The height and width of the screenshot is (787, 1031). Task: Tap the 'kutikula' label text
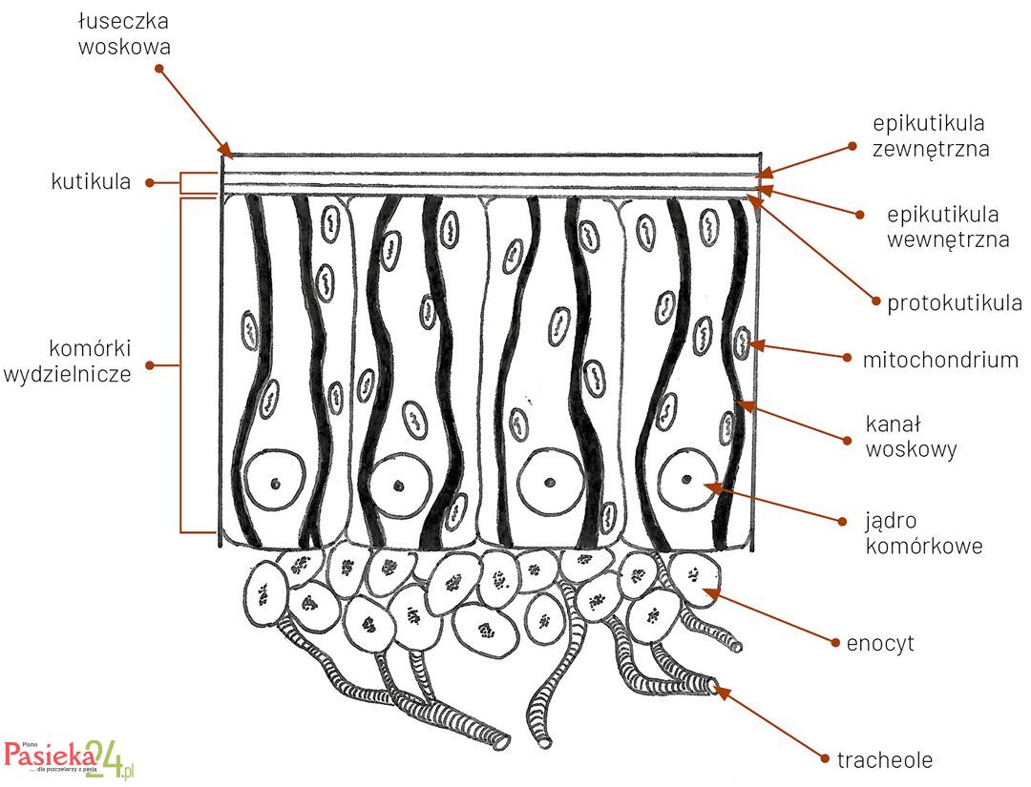pyautogui.click(x=91, y=182)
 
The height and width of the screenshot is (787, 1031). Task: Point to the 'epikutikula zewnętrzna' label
pyautogui.click(x=930, y=135)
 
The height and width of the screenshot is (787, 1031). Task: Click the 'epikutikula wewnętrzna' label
pyautogui.click(x=947, y=227)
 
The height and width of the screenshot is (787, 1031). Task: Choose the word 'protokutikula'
pyautogui.click(x=954, y=303)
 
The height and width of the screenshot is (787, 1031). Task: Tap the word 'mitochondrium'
pyautogui.click(x=940, y=360)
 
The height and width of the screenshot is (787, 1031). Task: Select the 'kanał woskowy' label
pyautogui.click(x=911, y=436)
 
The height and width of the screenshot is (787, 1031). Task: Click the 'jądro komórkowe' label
pyautogui.click(x=923, y=533)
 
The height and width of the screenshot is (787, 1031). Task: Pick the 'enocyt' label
pyautogui.click(x=880, y=643)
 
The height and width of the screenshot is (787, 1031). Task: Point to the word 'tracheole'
pyautogui.click(x=884, y=760)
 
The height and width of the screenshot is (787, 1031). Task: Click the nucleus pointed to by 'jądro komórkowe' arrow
pyautogui.click(x=688, y=478)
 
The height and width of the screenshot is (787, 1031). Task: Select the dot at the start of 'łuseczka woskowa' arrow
pyautogui.click(x=158, y=69)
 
